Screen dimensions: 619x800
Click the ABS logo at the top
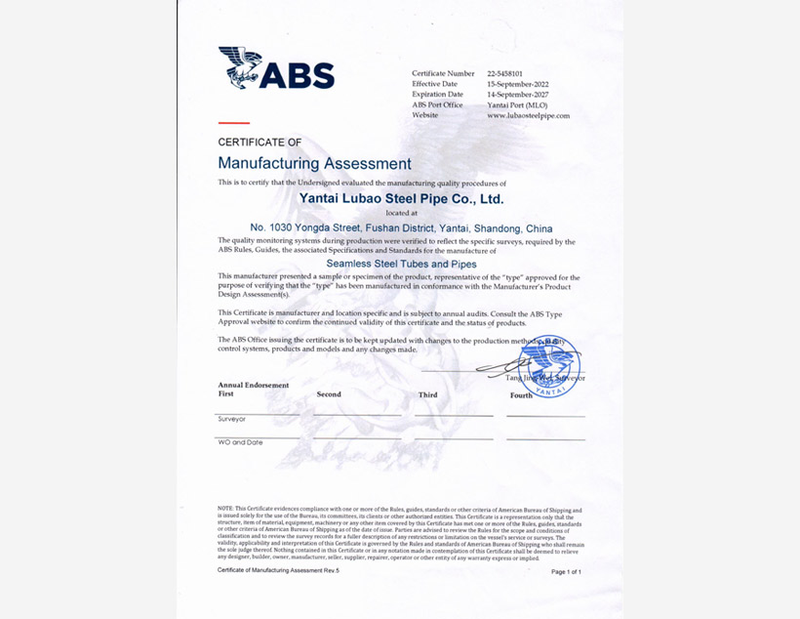(x=276, y=68)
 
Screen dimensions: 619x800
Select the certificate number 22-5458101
(x=507, y=73)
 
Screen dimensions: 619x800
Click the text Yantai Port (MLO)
(x=517, y=104)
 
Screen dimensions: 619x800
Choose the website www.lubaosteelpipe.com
(x=528, y=115)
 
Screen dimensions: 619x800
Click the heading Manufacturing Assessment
(x=314, y=163)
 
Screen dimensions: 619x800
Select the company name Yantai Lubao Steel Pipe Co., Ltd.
(x=401, y=198)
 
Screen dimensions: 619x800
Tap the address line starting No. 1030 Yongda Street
(x=401, y=228)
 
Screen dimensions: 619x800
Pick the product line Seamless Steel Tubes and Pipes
(x=401, y=264)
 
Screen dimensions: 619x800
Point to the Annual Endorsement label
(x=254, y=385)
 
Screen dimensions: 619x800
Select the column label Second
(x=329, y=394)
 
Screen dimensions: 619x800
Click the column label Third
(x=427, y=395)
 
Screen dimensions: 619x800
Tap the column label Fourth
(x=521, y=395)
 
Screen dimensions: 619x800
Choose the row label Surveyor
(x=231, y=419)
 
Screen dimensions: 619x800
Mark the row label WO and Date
(x=240, y=442)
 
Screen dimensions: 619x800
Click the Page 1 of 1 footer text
(x=566, y=572)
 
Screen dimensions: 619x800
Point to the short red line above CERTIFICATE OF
(x=233, y=123)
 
